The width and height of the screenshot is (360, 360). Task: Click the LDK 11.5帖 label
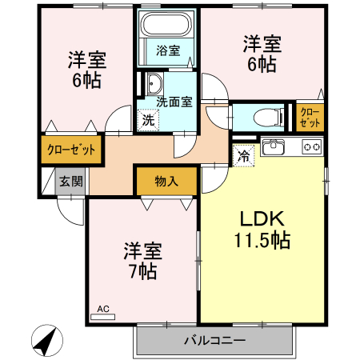point(261,230)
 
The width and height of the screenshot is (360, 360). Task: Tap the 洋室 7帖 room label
point(142,261)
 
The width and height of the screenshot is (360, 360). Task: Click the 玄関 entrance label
point(70,181)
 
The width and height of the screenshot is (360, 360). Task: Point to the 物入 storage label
point(166,181)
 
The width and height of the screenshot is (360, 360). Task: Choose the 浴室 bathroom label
point(168,50)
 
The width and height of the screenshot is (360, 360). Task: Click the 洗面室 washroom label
point(174,102)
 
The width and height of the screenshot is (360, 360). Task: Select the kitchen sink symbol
point(274,146)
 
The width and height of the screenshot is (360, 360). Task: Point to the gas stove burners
point(311,146)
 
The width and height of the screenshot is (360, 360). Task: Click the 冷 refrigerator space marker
point(243,155)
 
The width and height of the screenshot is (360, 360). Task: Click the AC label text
point(102,308)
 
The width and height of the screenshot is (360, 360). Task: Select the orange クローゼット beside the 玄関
point(71,150)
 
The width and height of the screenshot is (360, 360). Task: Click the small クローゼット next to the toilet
point(310,116)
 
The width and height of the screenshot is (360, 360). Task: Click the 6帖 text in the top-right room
point(262,65)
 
